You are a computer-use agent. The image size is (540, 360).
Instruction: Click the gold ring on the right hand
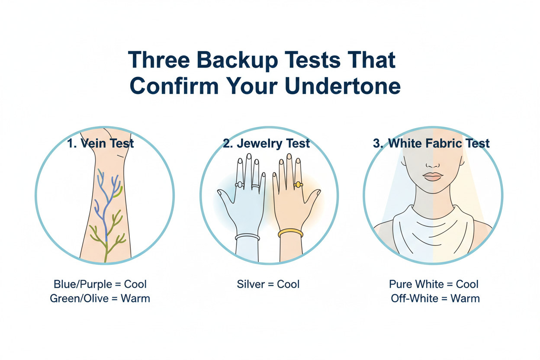click(298, 185)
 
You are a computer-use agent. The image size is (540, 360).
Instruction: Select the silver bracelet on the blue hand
click(247, 237)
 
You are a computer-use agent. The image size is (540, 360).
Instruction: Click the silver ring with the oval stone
click(239, 185)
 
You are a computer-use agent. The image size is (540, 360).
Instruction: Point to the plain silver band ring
click(256, 186)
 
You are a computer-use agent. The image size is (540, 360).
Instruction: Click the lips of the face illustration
click(433, 176)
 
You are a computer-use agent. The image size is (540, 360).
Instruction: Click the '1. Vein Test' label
click(101, 143)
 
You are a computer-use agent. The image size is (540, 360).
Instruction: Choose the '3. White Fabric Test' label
click(431, 143)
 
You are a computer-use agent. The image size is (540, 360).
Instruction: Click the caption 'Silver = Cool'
click(268, 284)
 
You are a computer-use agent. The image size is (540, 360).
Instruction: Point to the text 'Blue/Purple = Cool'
click(100, 284)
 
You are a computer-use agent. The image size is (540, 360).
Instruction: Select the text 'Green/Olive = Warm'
click(100, 298)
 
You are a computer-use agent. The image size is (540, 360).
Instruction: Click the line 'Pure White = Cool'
click(434, 284)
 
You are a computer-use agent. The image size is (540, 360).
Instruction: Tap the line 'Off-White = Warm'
click(435, 298)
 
